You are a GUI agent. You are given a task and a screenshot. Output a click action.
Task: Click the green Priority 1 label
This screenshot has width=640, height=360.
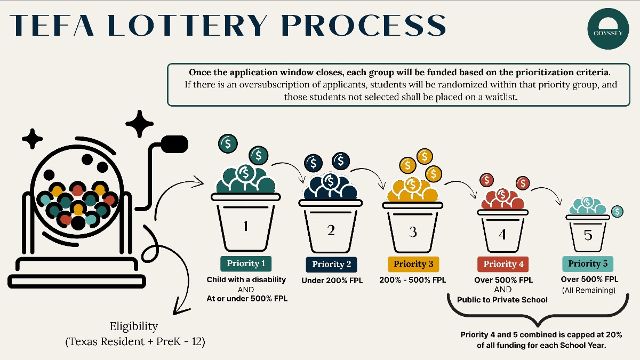pyautogui.click(x=246, y=263)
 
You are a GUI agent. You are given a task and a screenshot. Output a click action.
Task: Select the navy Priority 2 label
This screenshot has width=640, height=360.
pyautogui.click(x=331, y=265)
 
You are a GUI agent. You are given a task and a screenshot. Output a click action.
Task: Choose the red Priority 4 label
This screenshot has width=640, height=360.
pyautogui.click(x=503, y=264)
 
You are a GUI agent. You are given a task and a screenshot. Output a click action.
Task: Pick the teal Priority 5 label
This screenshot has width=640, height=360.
pyautogui.click(x=588, y=263)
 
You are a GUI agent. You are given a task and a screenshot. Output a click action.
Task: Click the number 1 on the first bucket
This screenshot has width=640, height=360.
pyautogui.click(x=245, y=227)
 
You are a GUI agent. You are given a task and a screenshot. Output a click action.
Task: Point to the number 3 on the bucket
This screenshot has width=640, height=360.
pyautogui.click(x=413, y=232)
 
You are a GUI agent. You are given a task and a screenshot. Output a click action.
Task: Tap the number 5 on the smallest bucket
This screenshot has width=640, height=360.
pyautogui.click(x=588, y=235)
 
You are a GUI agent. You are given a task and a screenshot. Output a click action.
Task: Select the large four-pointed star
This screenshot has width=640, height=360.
pyautogui.click(x=142, y=124)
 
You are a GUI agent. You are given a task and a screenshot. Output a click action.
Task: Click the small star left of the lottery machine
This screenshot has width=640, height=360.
pyautogui.click(x=32, y=139)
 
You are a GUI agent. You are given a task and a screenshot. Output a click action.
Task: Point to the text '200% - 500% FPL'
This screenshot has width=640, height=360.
pyautogui.click(x=413, y=279)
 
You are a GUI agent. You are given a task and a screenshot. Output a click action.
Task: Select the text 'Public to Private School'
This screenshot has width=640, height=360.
pyautogui.click(x=502, y=300)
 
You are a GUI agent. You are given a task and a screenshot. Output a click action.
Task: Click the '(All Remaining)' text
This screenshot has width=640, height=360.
pyautogui.click(x=589, y=290)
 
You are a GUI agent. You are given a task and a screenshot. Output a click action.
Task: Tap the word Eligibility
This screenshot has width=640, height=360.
pyautogui.click(x=134, y=326)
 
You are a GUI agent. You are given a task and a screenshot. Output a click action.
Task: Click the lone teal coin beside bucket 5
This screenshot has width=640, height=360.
pyautogui.click(x=618, y=211)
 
